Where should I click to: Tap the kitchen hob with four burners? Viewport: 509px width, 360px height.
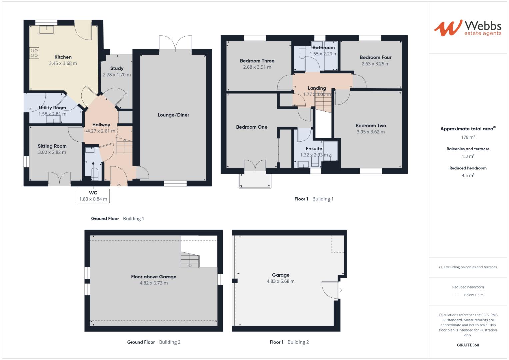pos(34,53)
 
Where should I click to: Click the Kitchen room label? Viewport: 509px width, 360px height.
pos(63,57)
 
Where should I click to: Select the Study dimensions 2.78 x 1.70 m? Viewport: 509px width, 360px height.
pos(117,75)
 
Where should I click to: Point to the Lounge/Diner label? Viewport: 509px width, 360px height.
pos(173,115)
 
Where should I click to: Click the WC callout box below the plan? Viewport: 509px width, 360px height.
pos(93,196)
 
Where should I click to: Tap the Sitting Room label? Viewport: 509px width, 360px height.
pos(52,146)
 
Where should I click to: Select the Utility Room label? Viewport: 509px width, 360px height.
pos(52,108)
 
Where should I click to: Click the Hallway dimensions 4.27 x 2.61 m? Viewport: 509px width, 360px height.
pos(101,131)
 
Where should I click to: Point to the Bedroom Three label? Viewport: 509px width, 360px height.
pos(257,61)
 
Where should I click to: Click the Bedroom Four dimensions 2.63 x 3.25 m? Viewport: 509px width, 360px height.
pos(375,64)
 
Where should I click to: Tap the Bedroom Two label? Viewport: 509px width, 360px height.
pos(371,126)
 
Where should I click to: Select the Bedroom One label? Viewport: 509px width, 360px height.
pos(252,127)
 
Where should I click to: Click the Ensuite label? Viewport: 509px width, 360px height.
pos(314,149)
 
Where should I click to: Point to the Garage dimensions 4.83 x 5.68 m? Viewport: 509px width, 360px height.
pos(280,281)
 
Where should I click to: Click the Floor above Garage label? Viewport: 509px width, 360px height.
pos(154,277)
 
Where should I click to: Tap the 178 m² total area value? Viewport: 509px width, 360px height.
pos(468,137)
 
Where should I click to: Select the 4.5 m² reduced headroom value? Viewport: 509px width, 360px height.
pos(468,175)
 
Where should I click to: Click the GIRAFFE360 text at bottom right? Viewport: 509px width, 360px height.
pos(468,345)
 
